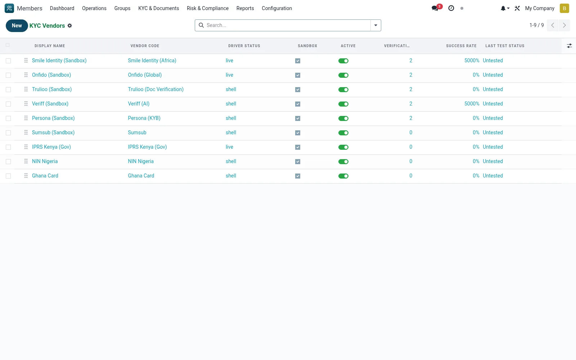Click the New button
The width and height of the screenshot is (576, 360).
pos(17,26)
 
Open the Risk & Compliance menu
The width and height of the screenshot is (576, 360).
pos(207,8)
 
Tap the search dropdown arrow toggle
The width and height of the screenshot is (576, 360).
pos(376,25)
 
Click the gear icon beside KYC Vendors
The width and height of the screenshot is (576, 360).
pos(70,26)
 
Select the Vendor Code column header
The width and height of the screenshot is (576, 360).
pos(145,46)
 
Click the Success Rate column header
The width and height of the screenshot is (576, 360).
pos(461,46)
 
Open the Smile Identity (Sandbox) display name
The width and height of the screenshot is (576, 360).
pos(59,60)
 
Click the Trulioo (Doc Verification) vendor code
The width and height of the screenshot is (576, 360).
pos(156,89)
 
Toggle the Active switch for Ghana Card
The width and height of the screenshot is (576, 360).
pos(343,176)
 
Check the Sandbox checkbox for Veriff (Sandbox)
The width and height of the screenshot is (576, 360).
pos(298,104)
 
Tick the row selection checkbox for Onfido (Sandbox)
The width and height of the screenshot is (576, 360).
pos(8,75)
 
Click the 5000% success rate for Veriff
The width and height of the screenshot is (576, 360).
pos(472,104)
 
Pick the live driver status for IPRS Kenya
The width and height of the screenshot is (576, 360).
pos(229,147)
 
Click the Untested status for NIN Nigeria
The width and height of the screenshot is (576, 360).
pos(493,161)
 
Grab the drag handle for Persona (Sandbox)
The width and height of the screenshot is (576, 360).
pos(26,118)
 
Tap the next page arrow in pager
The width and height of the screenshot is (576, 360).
pos(564,25)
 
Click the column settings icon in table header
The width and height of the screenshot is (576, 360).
pos(569,46)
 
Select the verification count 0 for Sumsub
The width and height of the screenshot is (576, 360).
pos(411,132)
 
